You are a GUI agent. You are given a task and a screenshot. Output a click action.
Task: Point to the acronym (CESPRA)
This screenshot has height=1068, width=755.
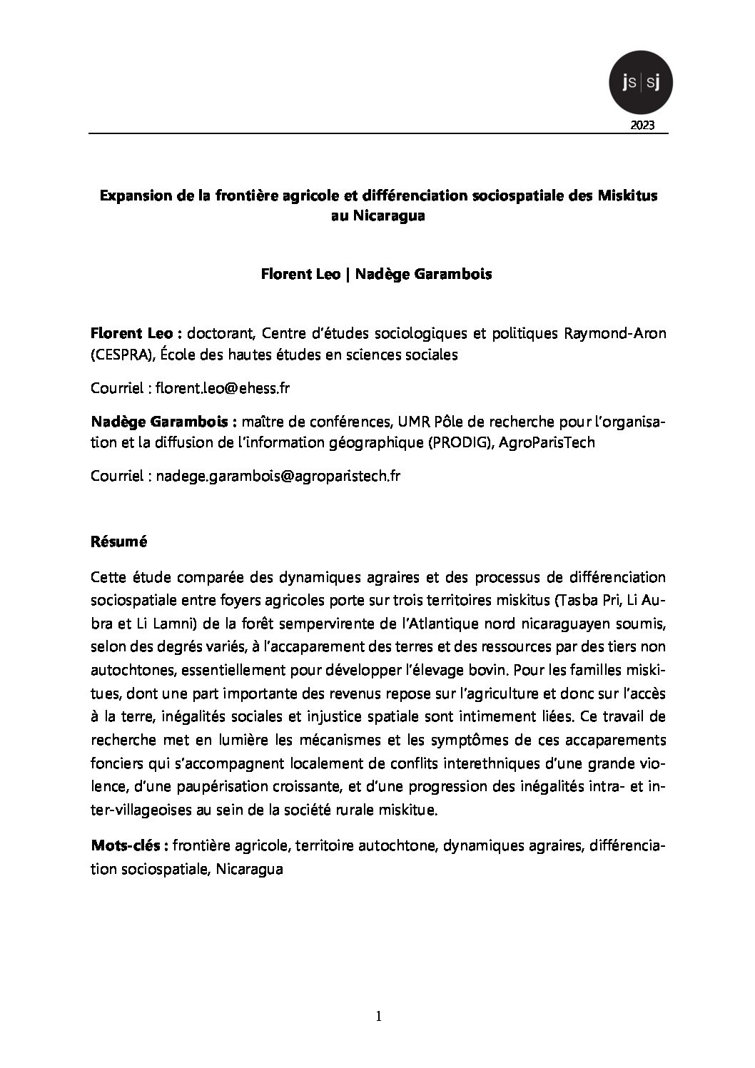coord(120,354)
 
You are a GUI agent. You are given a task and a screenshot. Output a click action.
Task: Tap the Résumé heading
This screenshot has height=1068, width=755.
coord(118,541)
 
